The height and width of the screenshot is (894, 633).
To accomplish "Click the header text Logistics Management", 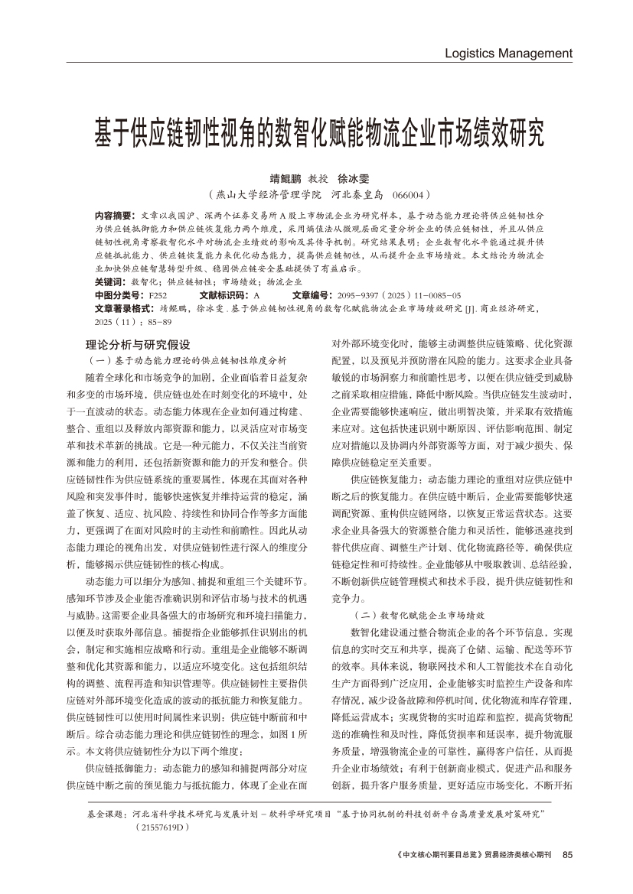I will (508, 54).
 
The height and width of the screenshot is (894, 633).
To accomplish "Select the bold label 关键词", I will (110, 282).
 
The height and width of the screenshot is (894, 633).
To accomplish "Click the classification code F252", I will (157, 295).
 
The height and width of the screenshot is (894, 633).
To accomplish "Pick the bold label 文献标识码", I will (224, 295).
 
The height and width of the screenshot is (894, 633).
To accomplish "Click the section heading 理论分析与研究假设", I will (139, 345).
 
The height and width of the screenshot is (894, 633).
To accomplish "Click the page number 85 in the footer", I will (567, 854).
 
